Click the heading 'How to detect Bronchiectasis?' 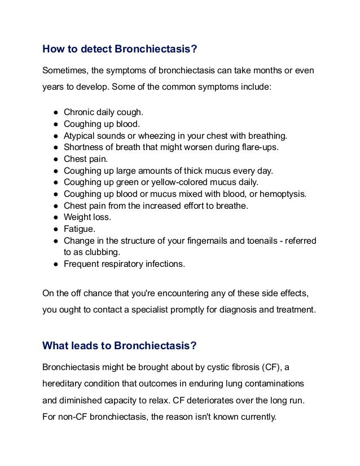click(120, 49)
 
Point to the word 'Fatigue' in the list click(80, 229)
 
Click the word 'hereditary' click(63, 383)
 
